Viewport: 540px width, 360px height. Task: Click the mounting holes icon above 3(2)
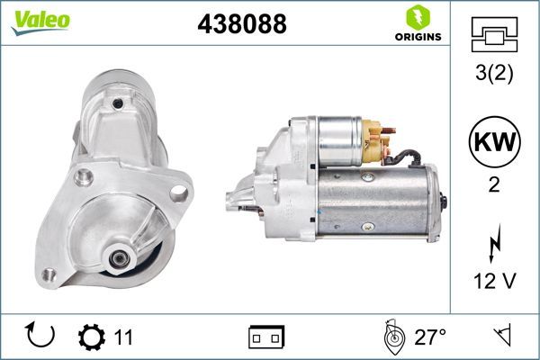(x=494, y=36)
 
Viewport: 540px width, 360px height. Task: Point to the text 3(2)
(x=494, y=75)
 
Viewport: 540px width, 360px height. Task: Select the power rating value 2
(x=494, y=184)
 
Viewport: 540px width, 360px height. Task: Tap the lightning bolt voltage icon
(x=494, y=244)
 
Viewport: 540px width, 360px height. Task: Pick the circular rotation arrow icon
(x=41, y=337)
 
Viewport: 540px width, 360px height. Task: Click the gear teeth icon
(x=92, y=337)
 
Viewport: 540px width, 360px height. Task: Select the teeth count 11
(x=123, y=337)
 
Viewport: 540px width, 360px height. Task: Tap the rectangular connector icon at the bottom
(x=266, y=337)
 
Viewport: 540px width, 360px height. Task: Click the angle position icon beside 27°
(x=391, y=337)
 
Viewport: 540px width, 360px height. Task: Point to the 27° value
(x=430, y=337)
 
